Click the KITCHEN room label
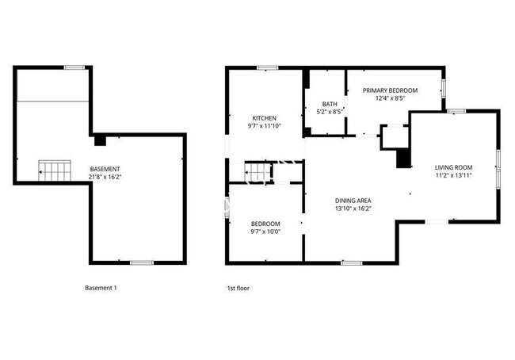(x=264, y=118)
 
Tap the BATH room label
(x=330, y=104)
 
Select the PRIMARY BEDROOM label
(x=390, y=90)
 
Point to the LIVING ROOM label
(x=453, y=167)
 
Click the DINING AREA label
(x=353, y=201)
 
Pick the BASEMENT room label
(x=105, y=169)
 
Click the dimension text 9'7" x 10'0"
(x=265, y=232)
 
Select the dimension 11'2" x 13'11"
(x=453, y=175)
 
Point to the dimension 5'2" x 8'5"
(x=330, y=112)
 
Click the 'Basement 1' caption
(x=101, y=288)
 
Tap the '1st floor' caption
(x=238, y=289)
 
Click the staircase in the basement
(x=55, y=170)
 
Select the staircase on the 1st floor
(x=258, y=172)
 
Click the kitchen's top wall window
(x=267, y=68)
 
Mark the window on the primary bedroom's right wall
(x=443, y=87)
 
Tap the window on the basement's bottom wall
(x=142, y=262)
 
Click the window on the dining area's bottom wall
(x=352, y=263)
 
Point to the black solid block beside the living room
(x=403, y=158)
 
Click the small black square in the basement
(x=100, y=140)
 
